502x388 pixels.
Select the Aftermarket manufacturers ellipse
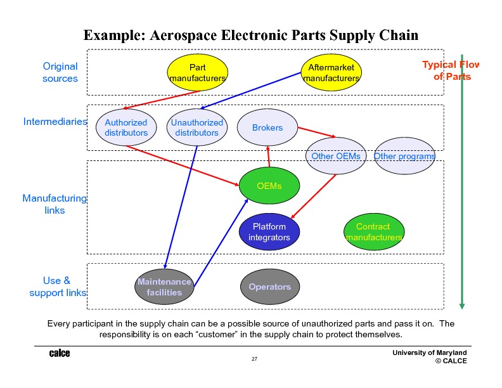point(331,72)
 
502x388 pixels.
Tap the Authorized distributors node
point(126,127)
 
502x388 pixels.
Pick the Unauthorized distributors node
point(197,127)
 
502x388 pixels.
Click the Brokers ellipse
point(267,127)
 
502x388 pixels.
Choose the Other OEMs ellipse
point(336,156)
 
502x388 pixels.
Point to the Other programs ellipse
point(404,156)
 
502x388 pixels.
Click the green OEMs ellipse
point(269,186)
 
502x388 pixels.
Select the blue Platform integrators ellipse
point(269,232)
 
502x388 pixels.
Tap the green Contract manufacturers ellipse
point(373,232)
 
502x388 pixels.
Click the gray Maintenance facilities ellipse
point(164,287)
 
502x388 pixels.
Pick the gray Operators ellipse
point(270,287)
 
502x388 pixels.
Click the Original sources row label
point(60,72)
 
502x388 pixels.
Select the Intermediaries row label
point(55,121)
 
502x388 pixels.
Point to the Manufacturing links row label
point(55,204)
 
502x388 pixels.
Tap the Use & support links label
point(57,287)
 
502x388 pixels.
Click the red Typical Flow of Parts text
point(451,70)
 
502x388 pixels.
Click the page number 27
point(254,359)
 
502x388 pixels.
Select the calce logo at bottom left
point(60,353)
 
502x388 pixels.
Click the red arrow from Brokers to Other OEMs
point(316,133)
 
